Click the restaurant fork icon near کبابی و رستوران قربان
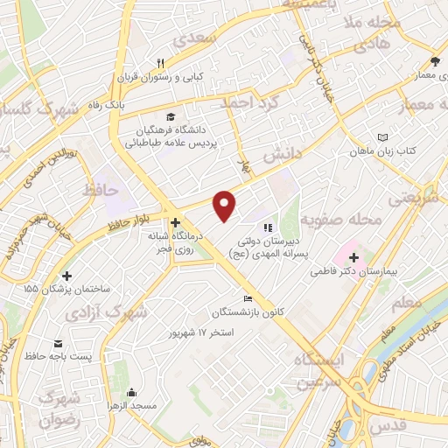[161, 63]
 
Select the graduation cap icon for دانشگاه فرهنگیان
[171, 117]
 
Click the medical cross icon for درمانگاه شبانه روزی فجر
[176, 223]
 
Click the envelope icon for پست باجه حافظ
[58, 342]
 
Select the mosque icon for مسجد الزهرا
[131, 393]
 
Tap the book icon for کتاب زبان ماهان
[381, 136]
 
